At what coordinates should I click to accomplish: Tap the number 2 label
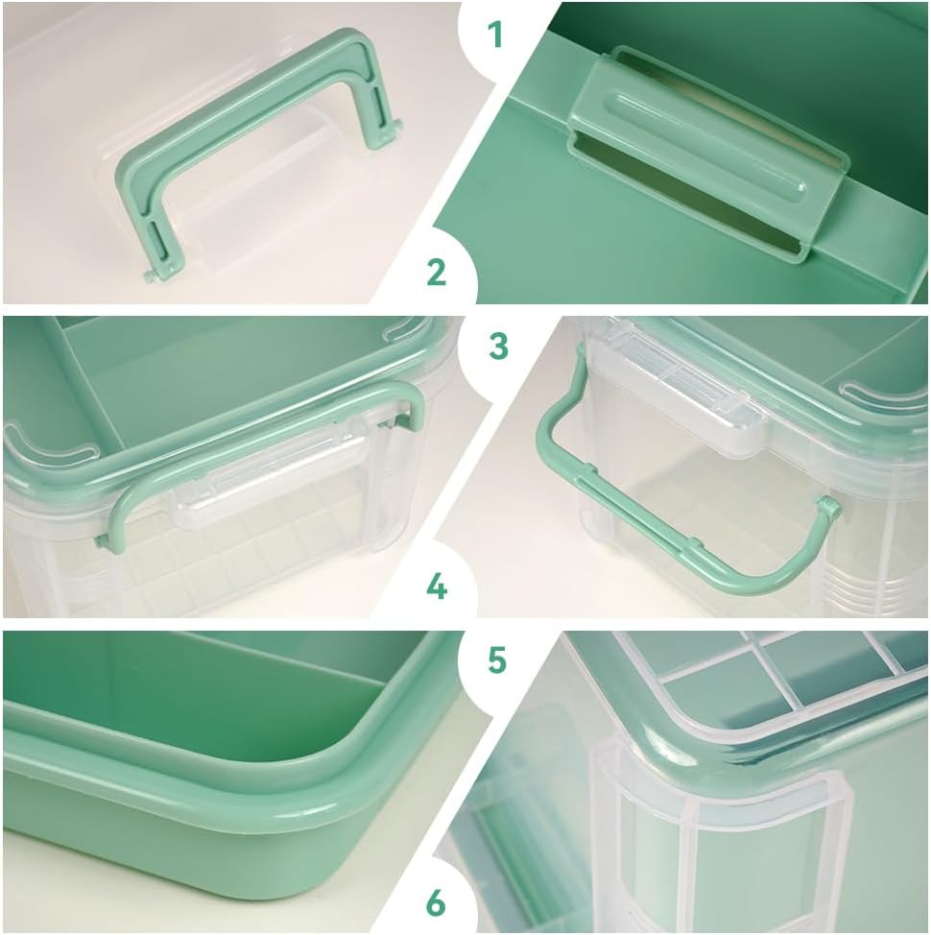pos(437,272)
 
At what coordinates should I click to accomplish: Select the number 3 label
pos(498,347)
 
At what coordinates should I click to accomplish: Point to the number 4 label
pos(437,587)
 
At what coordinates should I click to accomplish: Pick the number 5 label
pos(497,660)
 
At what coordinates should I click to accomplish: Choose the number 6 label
pos(436,902)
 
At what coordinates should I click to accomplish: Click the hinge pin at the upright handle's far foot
pos(397,124)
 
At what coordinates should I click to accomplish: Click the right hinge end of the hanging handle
pos(828,508)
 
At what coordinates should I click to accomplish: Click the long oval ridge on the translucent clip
pos(708,142)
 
